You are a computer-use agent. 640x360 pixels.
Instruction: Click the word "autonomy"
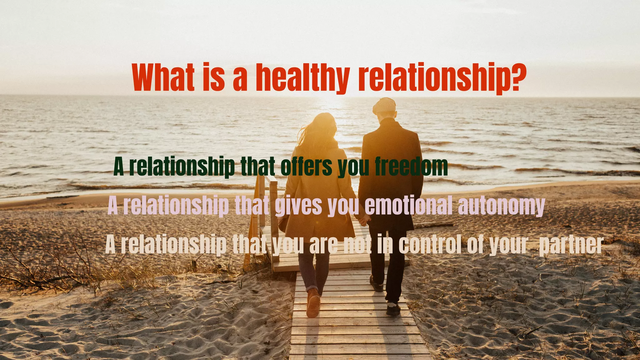coord(501,206)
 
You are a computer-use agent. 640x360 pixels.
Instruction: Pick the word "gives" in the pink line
coord(298,206)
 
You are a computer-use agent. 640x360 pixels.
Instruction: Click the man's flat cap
coord(384,105)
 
